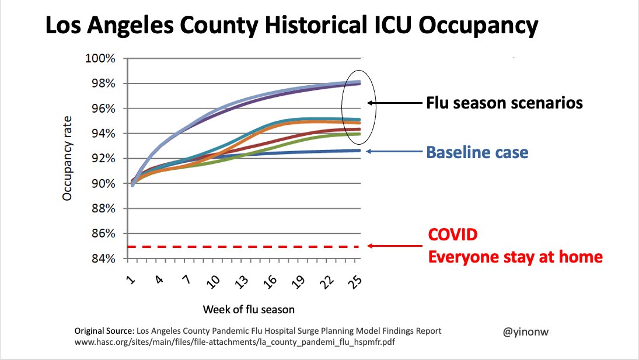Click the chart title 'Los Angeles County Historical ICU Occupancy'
tap(291, 27)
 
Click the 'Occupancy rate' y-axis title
tap(67, 158)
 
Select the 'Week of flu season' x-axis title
tap(249, 309)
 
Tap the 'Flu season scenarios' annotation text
tap(504, 103)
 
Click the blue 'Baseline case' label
tap(477, 153)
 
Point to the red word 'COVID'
tap(453, 235)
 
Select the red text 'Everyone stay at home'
tap(515, 256)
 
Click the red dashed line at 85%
tap(245, 247)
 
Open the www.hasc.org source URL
tap(236, 342)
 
